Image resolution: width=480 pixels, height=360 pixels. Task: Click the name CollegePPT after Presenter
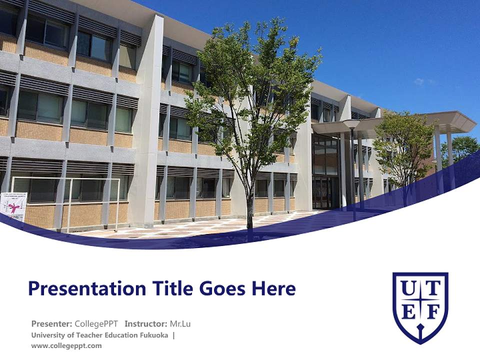click(96, 323)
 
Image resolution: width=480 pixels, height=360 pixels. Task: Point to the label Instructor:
click(146, 323)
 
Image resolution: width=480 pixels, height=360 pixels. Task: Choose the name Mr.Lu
click(180, 323)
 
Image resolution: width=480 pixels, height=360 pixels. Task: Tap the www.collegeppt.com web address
click(66, 345)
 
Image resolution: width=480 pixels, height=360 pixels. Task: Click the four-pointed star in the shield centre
click(420, 301)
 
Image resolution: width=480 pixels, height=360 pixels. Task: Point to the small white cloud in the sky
click(419, 81)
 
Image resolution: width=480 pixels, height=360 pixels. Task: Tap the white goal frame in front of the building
click(65, 200)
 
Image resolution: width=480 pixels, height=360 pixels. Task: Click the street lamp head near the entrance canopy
click(351, 124)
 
